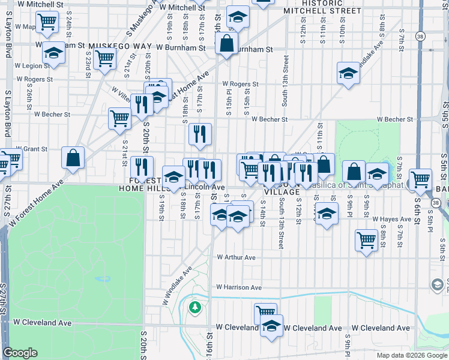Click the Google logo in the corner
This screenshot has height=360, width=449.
pos(20,353)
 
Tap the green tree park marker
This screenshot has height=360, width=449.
pos(194,308)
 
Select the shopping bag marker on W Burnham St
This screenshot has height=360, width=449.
pos(226,43)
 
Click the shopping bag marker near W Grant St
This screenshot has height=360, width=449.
pos(73,158)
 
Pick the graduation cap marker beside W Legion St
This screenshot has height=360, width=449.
pos(54,53)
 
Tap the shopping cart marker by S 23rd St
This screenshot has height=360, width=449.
pos(105,59)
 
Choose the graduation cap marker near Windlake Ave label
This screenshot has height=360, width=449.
pos(348,73)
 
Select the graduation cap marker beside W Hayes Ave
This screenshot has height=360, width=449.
pos(327,213)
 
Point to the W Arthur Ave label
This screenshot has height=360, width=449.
pos(236,257)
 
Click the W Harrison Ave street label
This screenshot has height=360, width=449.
pos(239,287)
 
